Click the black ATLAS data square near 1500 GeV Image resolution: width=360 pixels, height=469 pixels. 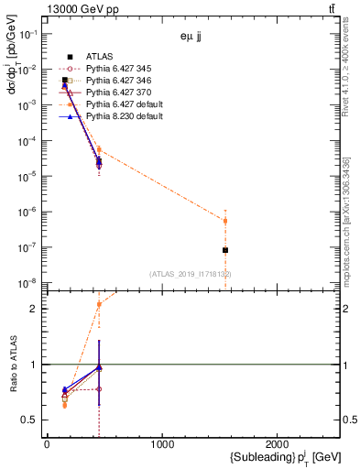[x=225, y=250]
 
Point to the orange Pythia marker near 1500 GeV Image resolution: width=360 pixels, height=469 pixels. [x=225, y=221]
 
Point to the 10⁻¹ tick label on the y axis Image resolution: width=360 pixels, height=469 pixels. [x=29, y=34]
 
